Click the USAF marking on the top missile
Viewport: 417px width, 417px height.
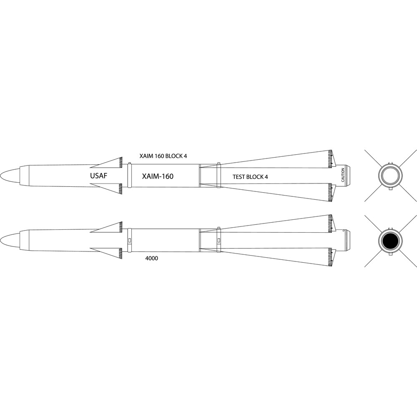(x=99, y=176)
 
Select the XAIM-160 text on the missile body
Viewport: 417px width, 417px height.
(x=158, y=176)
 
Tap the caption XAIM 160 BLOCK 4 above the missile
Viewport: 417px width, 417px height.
(x=163, y=156)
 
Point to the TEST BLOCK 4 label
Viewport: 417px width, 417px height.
(x=250, y=177)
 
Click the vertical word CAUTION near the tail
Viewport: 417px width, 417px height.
(x=343, y=175)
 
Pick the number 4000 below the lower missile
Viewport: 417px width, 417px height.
(x=152, y=258)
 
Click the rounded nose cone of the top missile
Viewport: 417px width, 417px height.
(x=10, y=176)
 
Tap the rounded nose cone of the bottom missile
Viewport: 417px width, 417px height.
(x=10, y=241)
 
